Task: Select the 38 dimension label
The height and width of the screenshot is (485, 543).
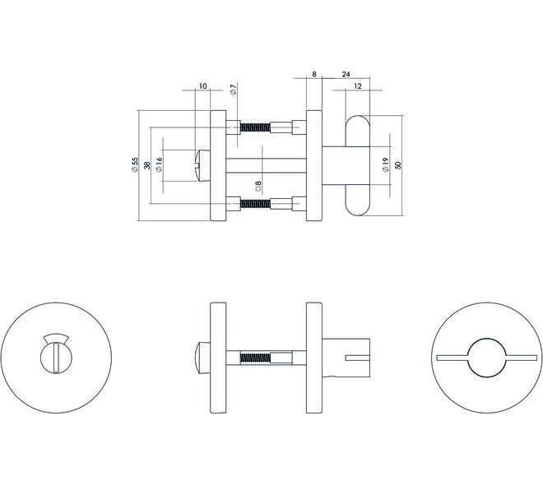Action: coord(146,165)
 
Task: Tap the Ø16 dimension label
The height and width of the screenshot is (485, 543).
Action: coord(159,164)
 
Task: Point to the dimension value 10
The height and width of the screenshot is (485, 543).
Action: coord(203,85)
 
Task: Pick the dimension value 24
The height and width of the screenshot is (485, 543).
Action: coord(346,74)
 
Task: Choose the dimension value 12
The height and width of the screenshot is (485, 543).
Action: coord(358,86)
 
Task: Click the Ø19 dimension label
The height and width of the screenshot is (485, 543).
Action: coord(386,164)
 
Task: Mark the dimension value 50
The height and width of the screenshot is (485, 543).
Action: coord(398,165)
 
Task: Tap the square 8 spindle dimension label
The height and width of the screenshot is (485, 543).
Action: coord(258,186)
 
